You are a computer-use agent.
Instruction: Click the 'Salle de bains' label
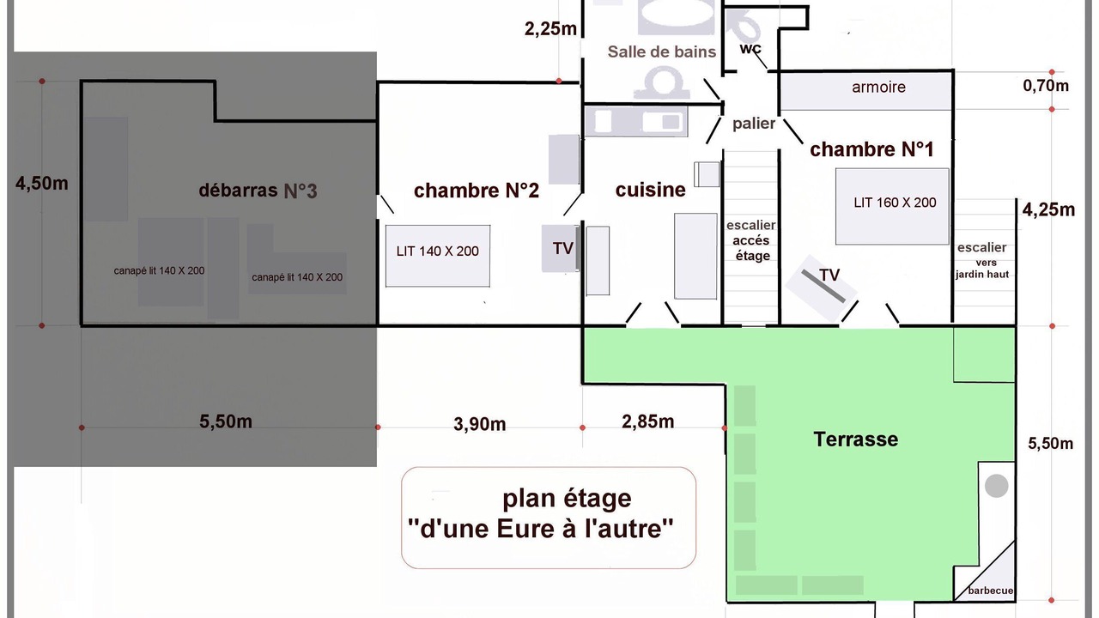coord(661,51)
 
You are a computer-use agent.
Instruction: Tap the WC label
coord(750,49)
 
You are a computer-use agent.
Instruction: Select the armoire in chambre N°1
coord(866,90)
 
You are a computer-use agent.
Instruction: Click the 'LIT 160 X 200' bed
coord(892,207)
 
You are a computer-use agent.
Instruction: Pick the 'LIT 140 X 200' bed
coord(438,256)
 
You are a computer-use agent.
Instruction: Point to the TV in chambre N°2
coord(561,248)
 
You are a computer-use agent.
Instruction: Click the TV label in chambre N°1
coord(829,276)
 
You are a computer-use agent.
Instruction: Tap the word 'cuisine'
coord(650,190)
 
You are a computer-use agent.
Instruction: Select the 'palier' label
coord(754,124)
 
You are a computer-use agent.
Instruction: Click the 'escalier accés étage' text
coord(751,240)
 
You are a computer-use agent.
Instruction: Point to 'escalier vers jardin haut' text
coord(981,260)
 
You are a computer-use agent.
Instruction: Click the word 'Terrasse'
coord(856,439)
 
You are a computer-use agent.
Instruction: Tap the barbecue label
coord(990,591)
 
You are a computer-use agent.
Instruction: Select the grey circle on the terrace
coord(997,486)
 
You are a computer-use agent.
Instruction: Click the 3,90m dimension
coord(479,424)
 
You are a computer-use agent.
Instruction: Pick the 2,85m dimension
coord(647,421)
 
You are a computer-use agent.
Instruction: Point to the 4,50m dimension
coord(42,184)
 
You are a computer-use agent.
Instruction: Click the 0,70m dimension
coord(1046,86)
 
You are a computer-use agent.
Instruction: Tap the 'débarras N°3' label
coord(258,191)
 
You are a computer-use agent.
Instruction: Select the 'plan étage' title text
coord(567,499)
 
